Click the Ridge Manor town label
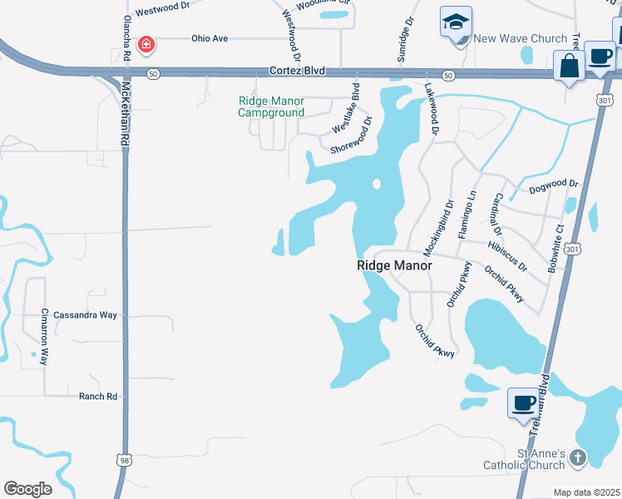click(394, 265)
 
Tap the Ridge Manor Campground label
click(271, 106)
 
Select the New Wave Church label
click(521, 38)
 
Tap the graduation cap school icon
click(456, 23)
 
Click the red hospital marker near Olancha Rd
click(146, 43)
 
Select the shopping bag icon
click(570, 67)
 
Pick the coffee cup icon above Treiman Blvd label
click(523, 403)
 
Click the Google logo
click(27, 488)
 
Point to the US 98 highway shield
click(125, 460)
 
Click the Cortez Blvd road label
click(297, 72)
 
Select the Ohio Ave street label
click(209, 38)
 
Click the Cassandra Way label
click(86, 315)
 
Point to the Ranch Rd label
click(98, 397)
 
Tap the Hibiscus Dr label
click(508, 257)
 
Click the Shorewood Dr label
click(350, 139)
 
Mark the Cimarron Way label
click(45, 337)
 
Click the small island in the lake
click(376, 184)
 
